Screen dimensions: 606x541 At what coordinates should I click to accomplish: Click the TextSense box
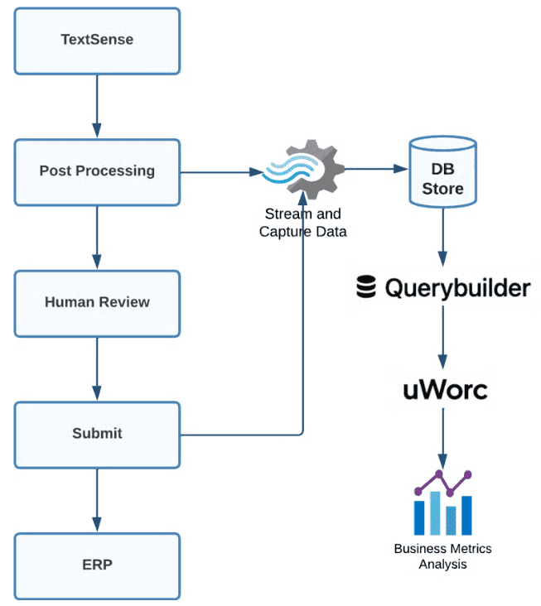97,40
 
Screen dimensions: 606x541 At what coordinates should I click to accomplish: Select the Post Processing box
97,171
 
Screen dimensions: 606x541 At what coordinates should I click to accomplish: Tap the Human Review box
97,303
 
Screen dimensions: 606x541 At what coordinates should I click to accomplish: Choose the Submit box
97,434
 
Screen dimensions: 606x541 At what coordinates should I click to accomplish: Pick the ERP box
97,566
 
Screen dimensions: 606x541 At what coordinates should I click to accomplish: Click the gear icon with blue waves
303,171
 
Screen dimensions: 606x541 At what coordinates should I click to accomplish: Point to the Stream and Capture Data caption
302,224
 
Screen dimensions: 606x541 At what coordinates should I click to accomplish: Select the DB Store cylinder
443,171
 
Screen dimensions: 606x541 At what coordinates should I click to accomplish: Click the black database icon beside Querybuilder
365,287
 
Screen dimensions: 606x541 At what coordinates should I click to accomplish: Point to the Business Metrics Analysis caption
442,556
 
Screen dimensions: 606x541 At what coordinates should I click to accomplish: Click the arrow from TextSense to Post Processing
97,105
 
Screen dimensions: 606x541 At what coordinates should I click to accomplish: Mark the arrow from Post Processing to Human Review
97,237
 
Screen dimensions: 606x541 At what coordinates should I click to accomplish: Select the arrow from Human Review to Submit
97,368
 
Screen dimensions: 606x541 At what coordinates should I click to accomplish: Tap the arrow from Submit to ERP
97,500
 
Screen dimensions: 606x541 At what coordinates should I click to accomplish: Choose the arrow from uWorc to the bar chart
443,435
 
